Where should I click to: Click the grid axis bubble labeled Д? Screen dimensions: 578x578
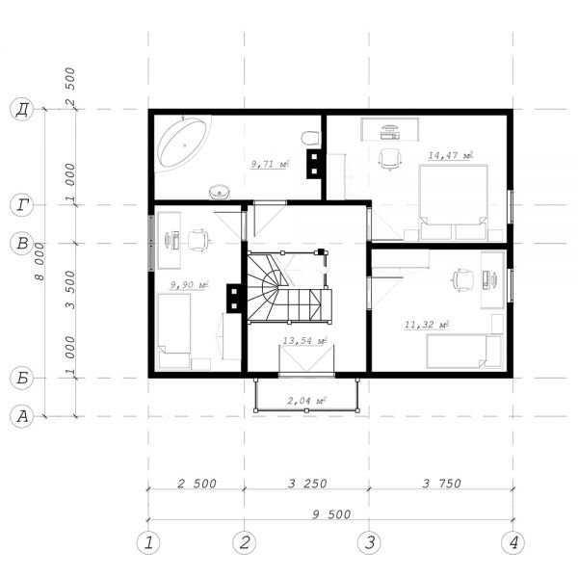click(x=22, y=110)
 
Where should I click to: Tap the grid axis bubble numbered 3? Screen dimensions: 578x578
click(x=369, y=542)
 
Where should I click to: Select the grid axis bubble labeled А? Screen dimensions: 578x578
click(x=22, y=416)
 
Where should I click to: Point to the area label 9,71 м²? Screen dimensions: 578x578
click(x=270, y=164)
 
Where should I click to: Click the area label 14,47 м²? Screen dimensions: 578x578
click(x=450, y=155)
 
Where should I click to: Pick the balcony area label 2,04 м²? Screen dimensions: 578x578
click(x=306, y=401)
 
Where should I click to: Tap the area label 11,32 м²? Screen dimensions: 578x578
click(x=427, y=325)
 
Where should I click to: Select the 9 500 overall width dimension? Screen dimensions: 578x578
click(x=331, y=514)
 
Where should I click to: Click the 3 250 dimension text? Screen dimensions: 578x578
click(x=307, y=484)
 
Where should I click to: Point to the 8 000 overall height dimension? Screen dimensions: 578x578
click(x=39, y=262)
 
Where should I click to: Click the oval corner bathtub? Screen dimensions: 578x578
click(x=182, y=142)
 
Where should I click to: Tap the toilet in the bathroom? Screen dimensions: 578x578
click(x=311, y=138)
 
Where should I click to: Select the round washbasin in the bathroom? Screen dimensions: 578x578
click(x=220, y=192)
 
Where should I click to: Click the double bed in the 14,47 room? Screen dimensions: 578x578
click(x=454, y=202)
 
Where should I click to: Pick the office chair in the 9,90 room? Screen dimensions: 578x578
click(x=199, y=240)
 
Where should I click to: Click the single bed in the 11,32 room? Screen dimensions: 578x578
click(x=463, y=352)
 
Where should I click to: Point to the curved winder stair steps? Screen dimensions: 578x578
click(x=266, y=288)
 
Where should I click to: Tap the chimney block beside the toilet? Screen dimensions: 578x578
click(x=314, y=164)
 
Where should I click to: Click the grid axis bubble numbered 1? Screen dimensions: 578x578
click(x=148, y=542)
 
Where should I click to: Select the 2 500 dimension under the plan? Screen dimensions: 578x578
click(x=197, y=484)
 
